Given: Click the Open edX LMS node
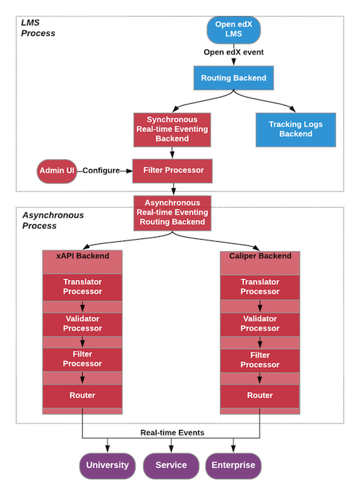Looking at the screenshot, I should (234, 30).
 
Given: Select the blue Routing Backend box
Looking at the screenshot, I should (233, 78).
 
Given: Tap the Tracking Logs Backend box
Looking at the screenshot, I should (295, 129).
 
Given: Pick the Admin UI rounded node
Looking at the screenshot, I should (57, 170).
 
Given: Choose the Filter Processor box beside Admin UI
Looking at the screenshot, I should (173, 170).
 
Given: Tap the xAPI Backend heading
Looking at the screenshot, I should (82, 256).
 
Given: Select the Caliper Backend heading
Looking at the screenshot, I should (260, 256).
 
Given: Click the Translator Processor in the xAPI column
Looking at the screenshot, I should (82, 286).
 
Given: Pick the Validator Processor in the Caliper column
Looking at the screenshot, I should (260, 323).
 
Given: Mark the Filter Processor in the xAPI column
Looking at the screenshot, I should (82, 360).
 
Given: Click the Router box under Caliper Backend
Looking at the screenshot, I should (260, 395).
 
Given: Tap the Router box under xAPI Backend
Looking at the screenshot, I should (82, 395).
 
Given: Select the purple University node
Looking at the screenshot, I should (108, 465).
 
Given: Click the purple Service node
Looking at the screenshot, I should (171, 465).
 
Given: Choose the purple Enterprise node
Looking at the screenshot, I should (233, 465).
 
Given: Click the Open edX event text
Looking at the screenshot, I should (233, 52).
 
